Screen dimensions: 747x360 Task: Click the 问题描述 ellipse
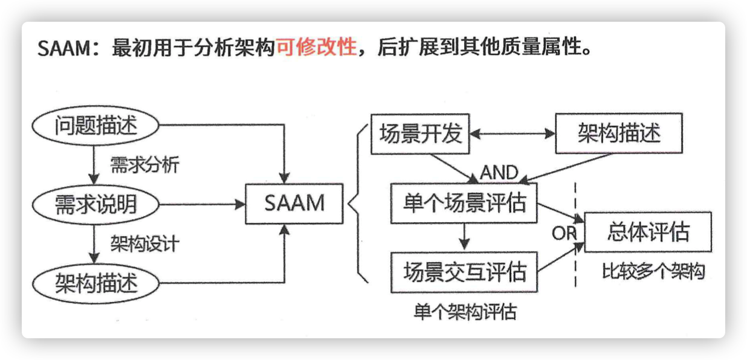(x=95, y=126)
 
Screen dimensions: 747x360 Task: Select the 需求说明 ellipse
(x=95, y=204)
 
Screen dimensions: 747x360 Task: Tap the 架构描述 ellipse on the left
(x=95, y=283)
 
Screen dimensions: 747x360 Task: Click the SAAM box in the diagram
(x=294, y=204)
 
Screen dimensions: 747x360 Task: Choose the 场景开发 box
(x=420, y=133)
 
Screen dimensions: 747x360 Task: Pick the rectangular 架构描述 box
(x=619, y=133)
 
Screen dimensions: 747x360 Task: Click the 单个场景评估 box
(x=464, y=203)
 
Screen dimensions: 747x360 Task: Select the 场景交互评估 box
(x=464, y=272)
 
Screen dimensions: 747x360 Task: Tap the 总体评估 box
(x=648, y=232)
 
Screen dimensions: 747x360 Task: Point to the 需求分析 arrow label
(x=144, y=165)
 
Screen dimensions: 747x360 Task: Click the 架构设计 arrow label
(x=144, y=243)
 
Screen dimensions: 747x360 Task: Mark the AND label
(x=499, y=173)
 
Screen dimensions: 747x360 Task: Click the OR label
(x=564, y=233)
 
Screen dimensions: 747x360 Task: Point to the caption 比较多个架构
(x=653, y=271)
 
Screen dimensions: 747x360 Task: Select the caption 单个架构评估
(x=465, y=312)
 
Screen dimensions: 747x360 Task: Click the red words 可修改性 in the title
(x=317, y=47)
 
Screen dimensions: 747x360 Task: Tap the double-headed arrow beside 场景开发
(x=513, y=133)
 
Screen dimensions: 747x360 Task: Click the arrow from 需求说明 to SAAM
(x=202, y=204)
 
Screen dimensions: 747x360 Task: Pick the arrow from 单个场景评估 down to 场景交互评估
(x=464, y=237)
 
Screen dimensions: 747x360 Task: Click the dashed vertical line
(x=575, y=235)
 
